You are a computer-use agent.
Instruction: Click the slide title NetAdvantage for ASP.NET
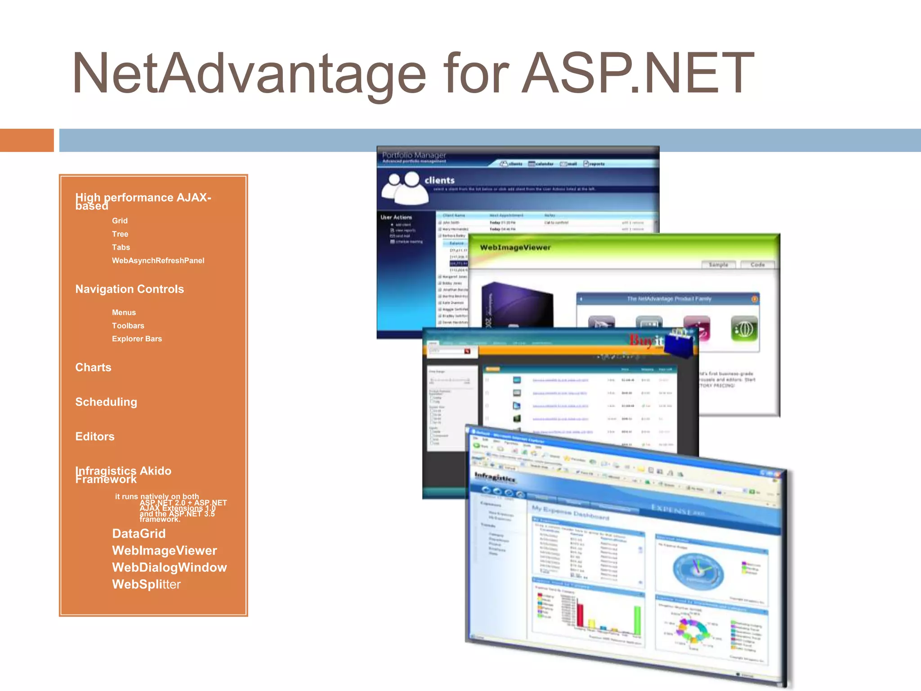pos(413,74)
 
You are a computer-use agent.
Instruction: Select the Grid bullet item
pos(120,221)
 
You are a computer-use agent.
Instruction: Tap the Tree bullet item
pos(120,234)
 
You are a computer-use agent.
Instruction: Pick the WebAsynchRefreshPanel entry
pos(158,260)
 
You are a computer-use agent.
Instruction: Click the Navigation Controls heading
pos(130,289)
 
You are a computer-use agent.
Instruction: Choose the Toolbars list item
pos(128,326)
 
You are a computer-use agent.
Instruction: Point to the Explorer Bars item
pos(137,339)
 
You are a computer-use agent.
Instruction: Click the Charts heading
pos(93,368)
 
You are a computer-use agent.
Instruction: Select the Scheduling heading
pos(106,402)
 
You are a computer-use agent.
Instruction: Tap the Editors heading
pos(95,437)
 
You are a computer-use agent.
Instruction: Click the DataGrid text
pos(139,534)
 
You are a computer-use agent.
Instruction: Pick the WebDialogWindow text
pos(169,568)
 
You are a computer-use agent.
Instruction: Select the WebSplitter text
pos(146,584)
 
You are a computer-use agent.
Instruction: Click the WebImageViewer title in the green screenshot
pos(515,247)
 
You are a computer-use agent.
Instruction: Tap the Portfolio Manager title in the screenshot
pos(414,155)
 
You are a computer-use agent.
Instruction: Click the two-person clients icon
pos(404,189)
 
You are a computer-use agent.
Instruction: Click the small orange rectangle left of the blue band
pos(27,140)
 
